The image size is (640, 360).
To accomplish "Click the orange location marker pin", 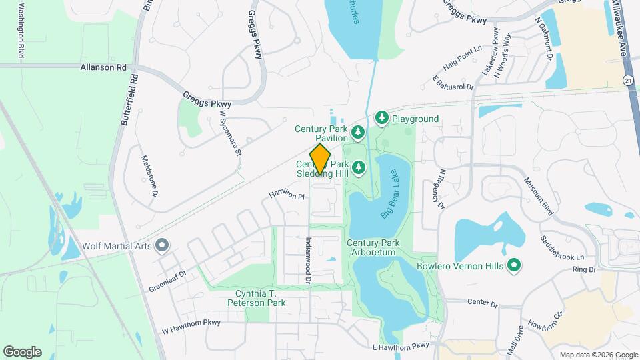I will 321,159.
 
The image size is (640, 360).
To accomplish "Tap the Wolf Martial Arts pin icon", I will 161,246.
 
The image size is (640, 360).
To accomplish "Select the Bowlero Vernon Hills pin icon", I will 513,266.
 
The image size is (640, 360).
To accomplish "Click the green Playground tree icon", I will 382,119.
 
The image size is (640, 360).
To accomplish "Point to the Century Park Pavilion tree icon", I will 358,133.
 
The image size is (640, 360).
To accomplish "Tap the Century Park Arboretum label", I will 371,248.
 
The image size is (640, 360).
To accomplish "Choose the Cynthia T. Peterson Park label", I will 261,298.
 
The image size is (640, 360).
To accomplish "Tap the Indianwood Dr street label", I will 309,261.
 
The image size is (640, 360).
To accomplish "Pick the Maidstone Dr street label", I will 148,176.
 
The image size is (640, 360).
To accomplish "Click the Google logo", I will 22,351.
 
